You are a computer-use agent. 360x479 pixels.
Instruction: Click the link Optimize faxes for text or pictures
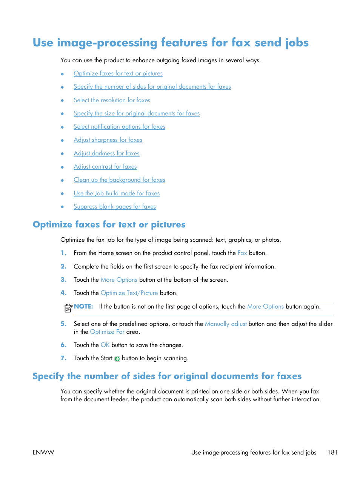(118, 74)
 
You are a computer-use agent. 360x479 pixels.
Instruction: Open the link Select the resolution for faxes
(112, 100)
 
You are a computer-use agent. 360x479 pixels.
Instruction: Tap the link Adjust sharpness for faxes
(108, 140)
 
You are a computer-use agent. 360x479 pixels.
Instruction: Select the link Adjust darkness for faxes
(106, 154)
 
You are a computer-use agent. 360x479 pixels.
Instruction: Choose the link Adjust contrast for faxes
(105, 167)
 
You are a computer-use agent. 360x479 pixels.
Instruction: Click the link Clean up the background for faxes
(119, 180)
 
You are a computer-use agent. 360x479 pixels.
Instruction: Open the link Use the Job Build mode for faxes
(117, 193)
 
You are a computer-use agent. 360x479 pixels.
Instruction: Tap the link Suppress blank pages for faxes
(115, 207)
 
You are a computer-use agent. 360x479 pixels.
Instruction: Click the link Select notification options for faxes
(119, 127)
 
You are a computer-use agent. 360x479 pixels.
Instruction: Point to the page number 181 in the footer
(332, 452)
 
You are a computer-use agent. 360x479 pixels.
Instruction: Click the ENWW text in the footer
(43, 452)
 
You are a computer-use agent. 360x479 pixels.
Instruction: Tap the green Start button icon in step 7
(117, 359)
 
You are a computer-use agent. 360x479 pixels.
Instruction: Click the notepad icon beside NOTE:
(68, 308)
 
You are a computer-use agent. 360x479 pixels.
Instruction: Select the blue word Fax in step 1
(242, 253)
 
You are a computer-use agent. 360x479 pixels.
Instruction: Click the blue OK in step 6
(105, 345)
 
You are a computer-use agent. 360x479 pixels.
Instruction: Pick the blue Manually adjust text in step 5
(226, 324)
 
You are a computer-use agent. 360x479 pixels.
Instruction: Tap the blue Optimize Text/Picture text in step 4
(129, 293)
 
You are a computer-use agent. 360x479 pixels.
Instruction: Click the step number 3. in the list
(63, 280)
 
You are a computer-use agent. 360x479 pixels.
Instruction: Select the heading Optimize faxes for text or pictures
(109, 225)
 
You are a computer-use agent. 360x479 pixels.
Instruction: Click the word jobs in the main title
(297, 43)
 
